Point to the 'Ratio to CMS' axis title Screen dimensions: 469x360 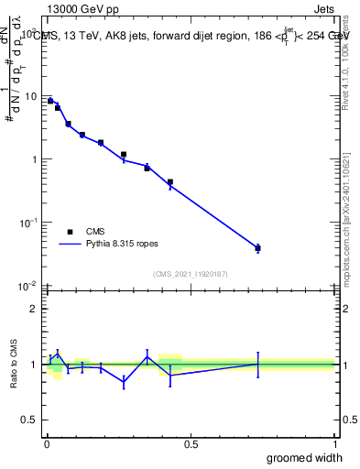click(14, 364)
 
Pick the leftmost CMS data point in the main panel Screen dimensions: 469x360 click(50, 101)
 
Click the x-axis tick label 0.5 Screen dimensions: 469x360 click(191, 443)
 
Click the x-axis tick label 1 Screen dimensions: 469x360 click(334, 443)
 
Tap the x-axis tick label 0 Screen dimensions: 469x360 click(47, 443)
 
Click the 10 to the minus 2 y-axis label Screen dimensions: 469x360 click(28, 286)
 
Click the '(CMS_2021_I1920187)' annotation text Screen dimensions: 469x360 click(191, 274)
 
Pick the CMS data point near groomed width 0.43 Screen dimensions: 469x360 click(170, 182)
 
